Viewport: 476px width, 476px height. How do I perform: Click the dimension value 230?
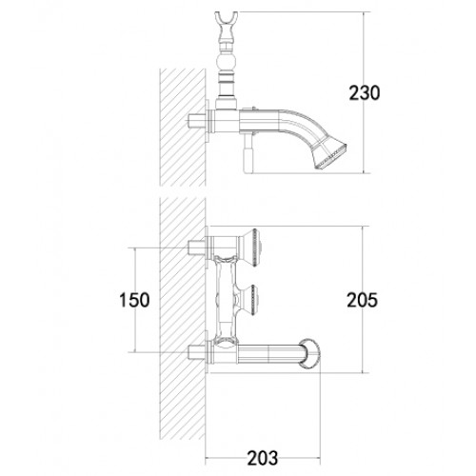(x=364, y=93)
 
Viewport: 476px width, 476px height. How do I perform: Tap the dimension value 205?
(x=362, y=300)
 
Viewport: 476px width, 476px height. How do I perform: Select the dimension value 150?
(x=134, y=300)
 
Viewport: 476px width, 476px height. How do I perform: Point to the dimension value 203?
(x=263, y=458)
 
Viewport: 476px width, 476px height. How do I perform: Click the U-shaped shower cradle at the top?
(x=226, y=22)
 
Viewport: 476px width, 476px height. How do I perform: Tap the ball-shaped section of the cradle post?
(x=226, y=62)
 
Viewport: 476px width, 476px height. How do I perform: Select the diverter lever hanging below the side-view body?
(x=248, y=154)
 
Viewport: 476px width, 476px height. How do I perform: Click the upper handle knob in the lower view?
(x=251, y=248)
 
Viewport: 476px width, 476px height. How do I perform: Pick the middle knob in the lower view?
(x=249, y=300)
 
